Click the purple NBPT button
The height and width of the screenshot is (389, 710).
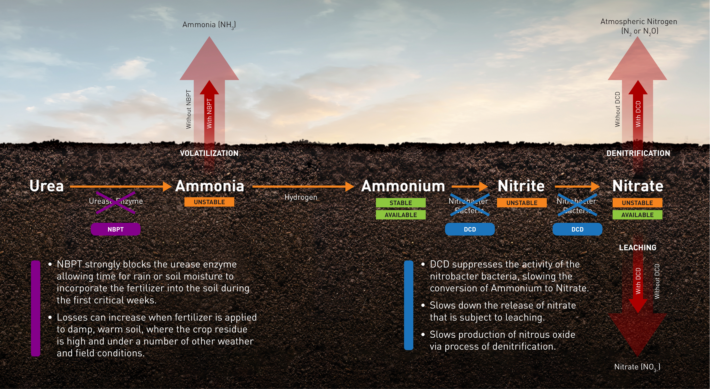(x=115, y=229)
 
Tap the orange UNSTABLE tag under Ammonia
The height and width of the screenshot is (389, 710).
(x=209, y=202)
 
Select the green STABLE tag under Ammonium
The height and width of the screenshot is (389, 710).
(x=401, y=203)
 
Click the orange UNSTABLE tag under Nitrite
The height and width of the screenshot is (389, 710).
(x=522, y=203)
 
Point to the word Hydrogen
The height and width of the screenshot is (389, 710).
(x=301, y=197)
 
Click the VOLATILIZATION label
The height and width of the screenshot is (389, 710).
(x=209, y=153)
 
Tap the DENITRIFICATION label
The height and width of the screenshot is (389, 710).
(x=638, y=153)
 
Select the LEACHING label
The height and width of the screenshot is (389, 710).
(x=638, y=248)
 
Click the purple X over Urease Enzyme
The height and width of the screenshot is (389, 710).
(x=115, y=203)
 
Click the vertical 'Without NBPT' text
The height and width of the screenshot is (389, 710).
(x=188, y=109)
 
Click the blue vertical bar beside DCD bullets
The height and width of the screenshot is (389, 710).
(x=408, y=305)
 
